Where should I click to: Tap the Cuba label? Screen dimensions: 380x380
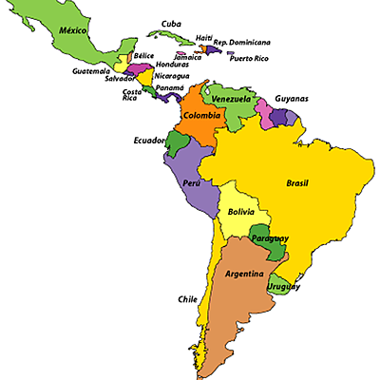[171, 24]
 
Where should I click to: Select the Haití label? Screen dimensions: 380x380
[204, 37]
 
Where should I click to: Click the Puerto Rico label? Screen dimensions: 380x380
[249, 59]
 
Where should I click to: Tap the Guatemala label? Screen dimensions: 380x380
[90, 71]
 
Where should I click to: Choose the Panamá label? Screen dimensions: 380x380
[170, 87]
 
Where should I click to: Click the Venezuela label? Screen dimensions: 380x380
[231, 99]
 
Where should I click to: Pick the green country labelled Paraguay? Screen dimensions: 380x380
[270, 238]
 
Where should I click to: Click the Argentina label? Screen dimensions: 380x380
[244, 275]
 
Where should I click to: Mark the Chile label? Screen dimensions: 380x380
[187, 299]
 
